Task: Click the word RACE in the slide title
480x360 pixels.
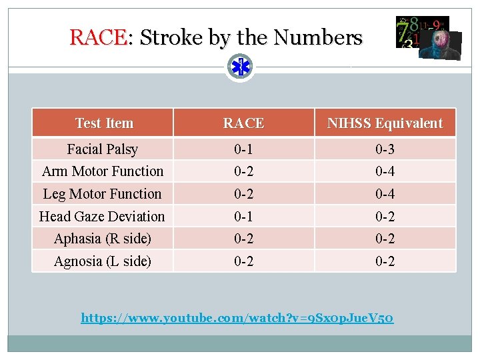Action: pyautogui.click(x=97, y=37)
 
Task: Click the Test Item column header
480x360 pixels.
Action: pyautogui.click(x=104, y=123)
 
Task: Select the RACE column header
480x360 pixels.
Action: pyautogui.click(x=243, y=123)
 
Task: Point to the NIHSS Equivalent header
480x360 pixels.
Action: pyautogui.click(x=385, y=123)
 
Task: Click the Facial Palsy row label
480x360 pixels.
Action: pyautogui.click(x=103, y=149)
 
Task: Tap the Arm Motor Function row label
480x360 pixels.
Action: pyautogui.click(x=103, y=171)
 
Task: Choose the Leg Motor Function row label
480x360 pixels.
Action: pyautogui.click(x=102, y=194)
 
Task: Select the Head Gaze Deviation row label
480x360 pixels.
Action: pyautogui.click(x=102, y=217)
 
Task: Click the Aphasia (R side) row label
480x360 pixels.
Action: pyautogui.click(x=103, y=239)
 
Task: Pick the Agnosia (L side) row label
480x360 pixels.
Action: pyautogui.click(x=103, y=261)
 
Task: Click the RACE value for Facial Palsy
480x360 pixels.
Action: pyautogui.click(x=243, y=149)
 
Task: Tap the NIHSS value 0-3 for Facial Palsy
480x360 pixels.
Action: pyautogui.click(x=385, y=149)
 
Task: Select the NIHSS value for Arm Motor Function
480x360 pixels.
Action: pyautogui.click(x=385, y=171)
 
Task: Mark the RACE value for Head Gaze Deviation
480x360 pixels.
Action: pyautogui.click(x=243, y=217)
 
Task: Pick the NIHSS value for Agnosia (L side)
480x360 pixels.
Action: pyautogui.click(x=385, y=261)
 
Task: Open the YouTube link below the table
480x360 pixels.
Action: pyautogui.click(x=237, y=318)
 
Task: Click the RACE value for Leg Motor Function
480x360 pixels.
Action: pyautogui.click(x=243, y=194)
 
